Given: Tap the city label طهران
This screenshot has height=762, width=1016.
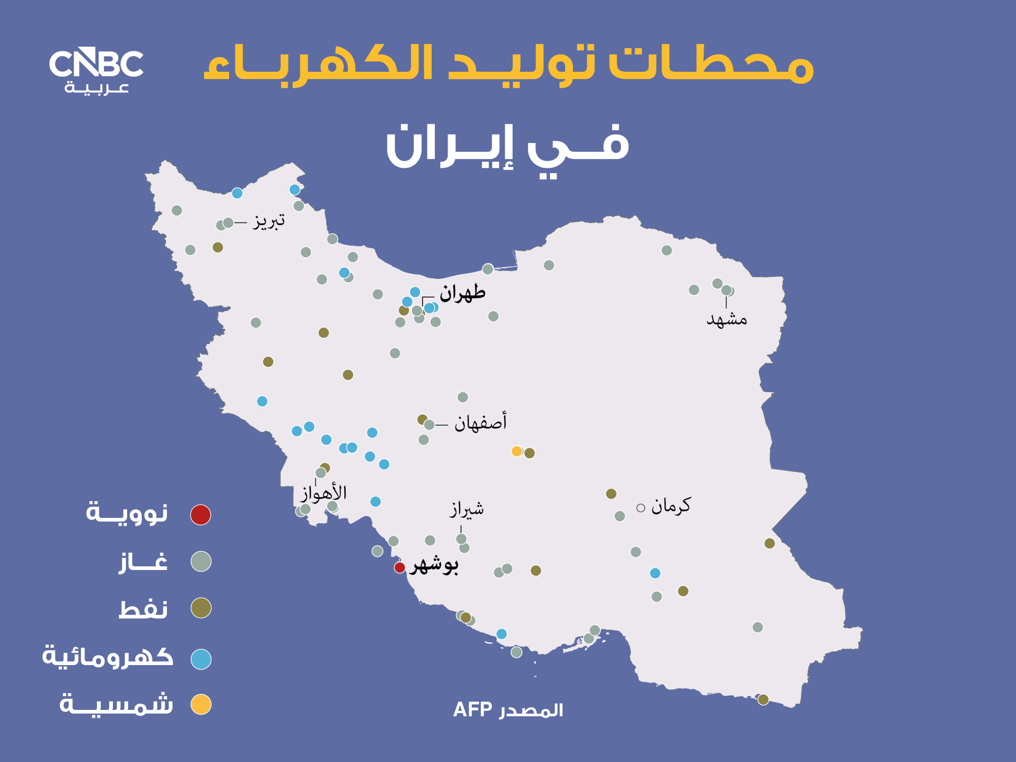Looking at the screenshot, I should tap(462, 293).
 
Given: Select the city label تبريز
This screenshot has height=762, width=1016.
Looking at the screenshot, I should tap(269, 221).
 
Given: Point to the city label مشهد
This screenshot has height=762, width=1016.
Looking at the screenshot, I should tap(727, 319).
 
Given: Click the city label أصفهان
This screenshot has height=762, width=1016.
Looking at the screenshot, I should tap(481, 422).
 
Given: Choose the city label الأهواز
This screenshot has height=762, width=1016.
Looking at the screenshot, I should tap(323, 493).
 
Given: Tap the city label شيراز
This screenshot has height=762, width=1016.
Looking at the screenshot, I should tap(466, 509).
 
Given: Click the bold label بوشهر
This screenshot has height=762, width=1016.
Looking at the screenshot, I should tap(434, 565).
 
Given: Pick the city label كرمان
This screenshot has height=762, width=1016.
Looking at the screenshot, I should tap(671, 506).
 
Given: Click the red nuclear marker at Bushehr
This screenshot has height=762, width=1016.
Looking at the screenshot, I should tap(400, 567).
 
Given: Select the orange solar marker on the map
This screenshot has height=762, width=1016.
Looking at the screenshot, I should tap(517, 451).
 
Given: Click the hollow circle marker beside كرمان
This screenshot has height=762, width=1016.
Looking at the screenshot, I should tap(641, 507).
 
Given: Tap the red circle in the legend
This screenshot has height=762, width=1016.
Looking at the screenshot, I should tap(201, 514).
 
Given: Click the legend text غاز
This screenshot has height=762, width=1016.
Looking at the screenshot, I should tap(143, 562).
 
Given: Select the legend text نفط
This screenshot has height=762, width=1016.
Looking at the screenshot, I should tap(143, 608).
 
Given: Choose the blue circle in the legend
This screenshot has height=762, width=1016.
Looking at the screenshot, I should tap(201, 659).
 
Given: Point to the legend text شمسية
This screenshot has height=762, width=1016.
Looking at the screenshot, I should tap(116, 704).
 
